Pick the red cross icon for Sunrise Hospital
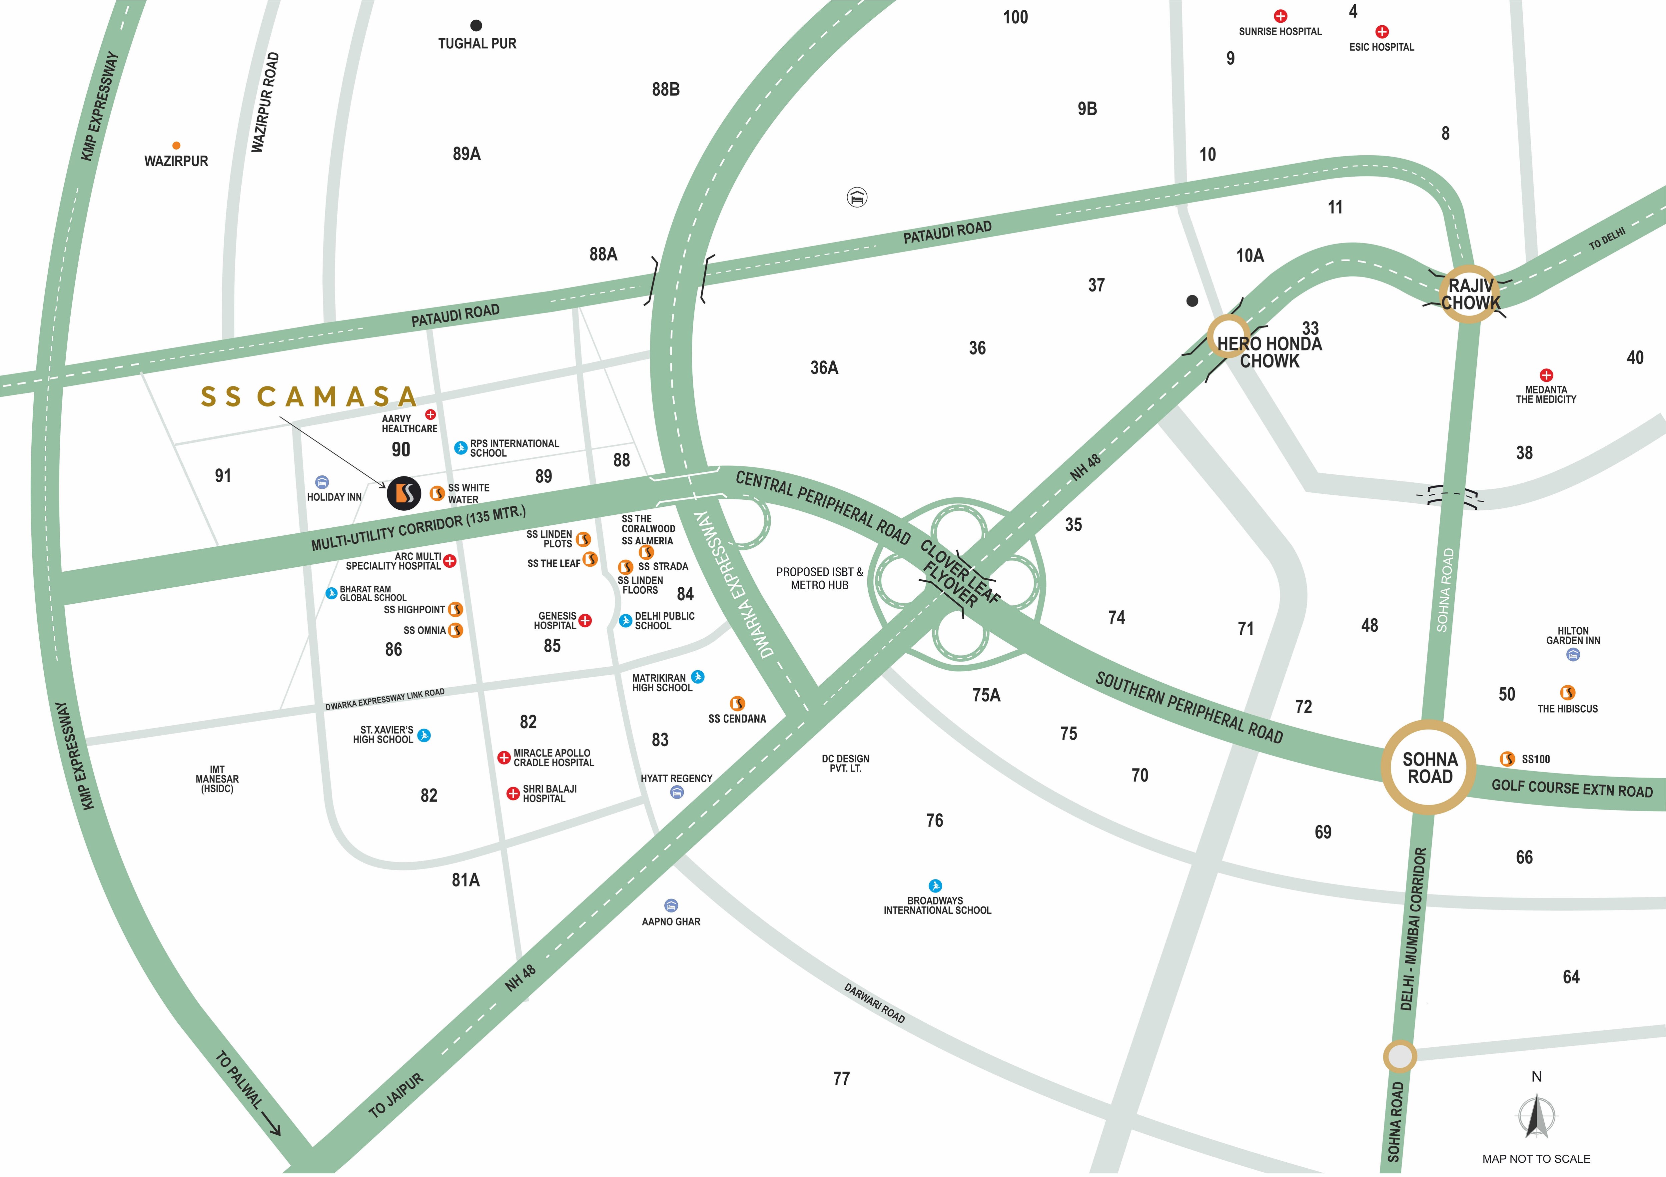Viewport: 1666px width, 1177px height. tap(1281, 15)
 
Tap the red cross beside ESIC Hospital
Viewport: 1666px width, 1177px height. tap(1382, 31)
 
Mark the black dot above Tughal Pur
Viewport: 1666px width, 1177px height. tap(476, 25)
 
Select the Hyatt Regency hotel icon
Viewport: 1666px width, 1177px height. tap(677, 793)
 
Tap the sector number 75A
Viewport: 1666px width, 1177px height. tap(986, 695)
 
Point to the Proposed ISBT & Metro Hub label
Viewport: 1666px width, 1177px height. tap(819, 578)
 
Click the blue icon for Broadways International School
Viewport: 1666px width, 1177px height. tap(935, 885)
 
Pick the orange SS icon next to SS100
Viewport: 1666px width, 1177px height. tap(1507, 759)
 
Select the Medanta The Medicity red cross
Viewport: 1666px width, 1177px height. tap(1546, 375)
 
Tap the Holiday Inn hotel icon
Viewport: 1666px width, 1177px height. tap(322, 482)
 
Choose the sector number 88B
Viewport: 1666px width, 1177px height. tap(665, 89)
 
